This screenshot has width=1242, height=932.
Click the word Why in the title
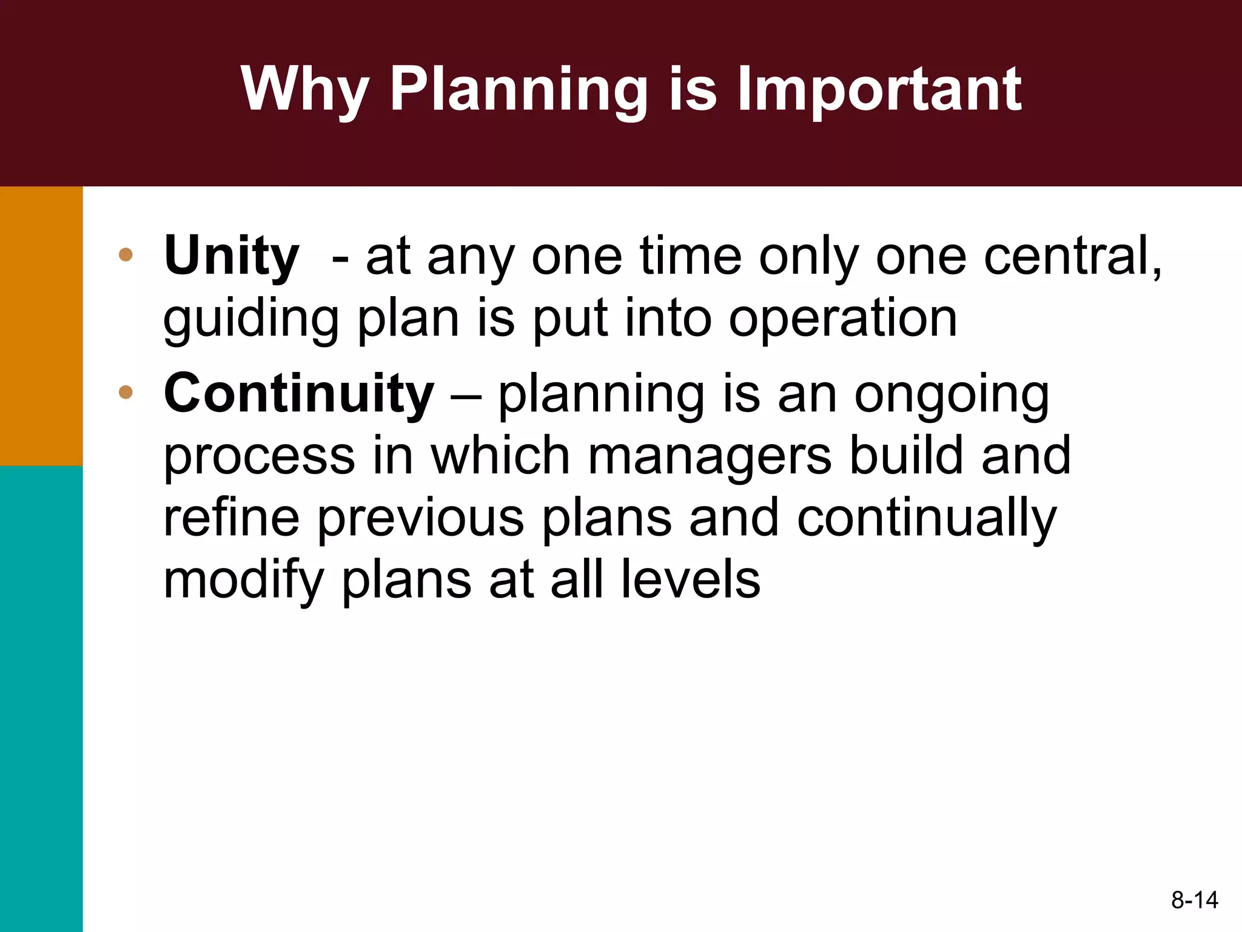click(305, 90)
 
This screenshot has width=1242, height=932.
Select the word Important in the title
click(879, 90)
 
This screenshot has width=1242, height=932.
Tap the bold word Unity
click(231, 257)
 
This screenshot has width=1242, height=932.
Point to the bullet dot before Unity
click(126, 255)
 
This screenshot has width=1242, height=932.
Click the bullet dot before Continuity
click(126, 392)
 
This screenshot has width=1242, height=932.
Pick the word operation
click(843, 319)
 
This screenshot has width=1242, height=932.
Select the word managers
click(710, 456)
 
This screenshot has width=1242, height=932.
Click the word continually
click(927, 519)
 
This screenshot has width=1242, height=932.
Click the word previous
click(420, 519)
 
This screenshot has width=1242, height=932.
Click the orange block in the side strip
click(41, 326)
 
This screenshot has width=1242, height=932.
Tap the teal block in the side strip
click(41, 698)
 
